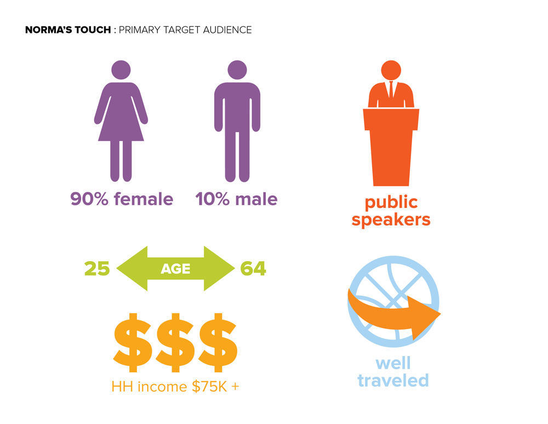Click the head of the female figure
click(x=121, y=70)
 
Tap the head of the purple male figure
click(x=237, y=70)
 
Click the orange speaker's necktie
click(x=391, y=89)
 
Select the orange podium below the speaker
click(x=391, y=147)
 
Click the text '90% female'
click(x=122, y=199)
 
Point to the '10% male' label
click(x=236, y=199)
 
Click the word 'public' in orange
click(x=391, y=203)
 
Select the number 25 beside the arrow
click(x=97, y=269)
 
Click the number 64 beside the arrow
click(x=253, y=269)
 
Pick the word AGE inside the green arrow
click(x=175, y=269)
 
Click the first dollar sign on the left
click(x=133, y=342)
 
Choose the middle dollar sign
click(x=175, y=342)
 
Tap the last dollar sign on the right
click(x=218, y=342)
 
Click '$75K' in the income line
click(x=209, y=387)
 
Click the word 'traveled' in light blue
click(x=393, y=381)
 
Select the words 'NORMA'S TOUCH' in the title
click(x=68, y=30)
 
